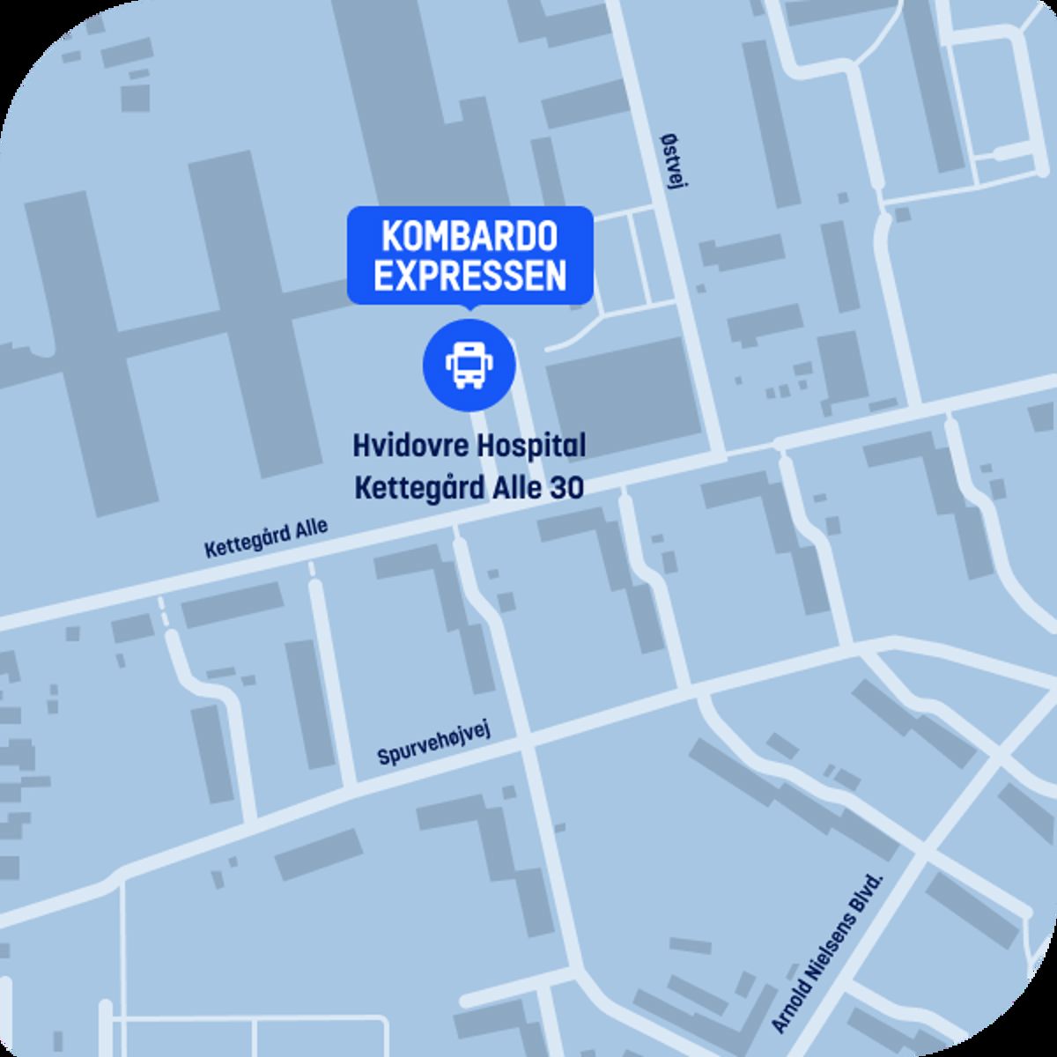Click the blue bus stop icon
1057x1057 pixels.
click(468, 365)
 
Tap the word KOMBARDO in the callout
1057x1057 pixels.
click(469, 238)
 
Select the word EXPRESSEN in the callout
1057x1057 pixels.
click(469, 276)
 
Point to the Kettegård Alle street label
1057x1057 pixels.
click(266, 538)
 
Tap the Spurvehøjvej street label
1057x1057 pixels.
click(432, 744)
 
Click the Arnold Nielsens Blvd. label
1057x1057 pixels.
click(827, 954)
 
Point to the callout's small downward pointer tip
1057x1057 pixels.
click(469, 308)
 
